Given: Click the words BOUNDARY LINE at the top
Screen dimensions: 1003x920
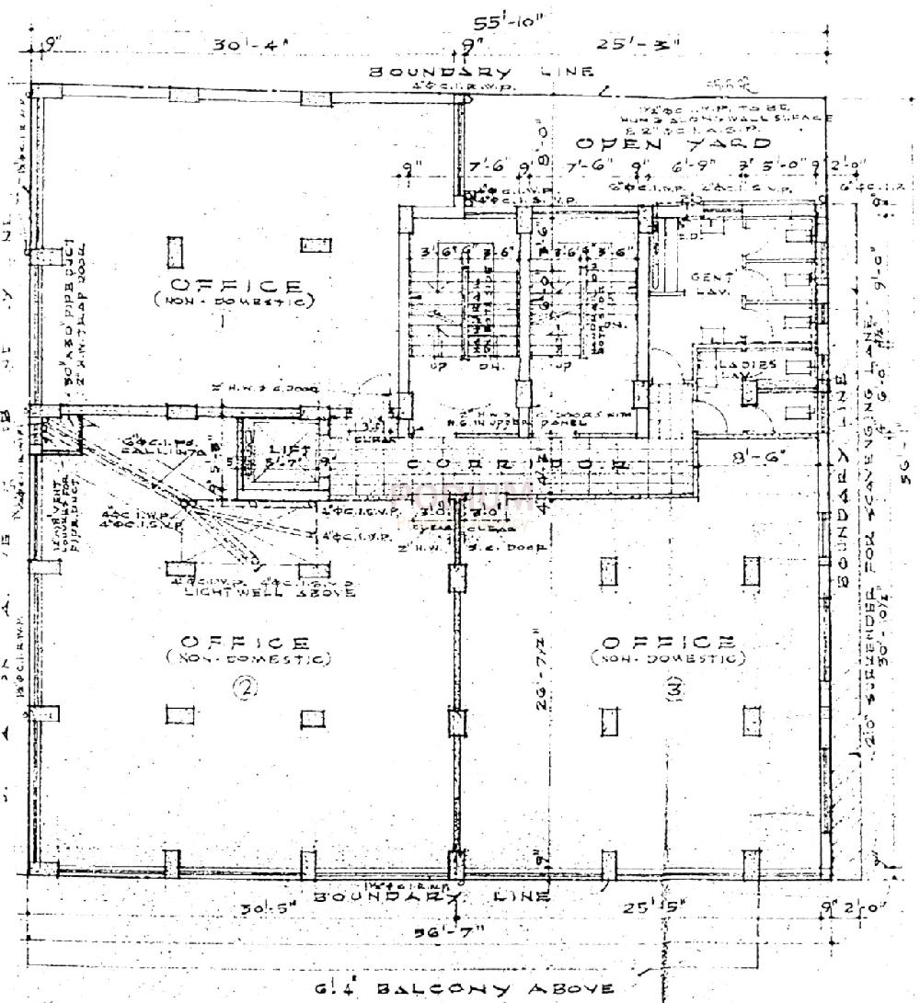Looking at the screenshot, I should [481, 72].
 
